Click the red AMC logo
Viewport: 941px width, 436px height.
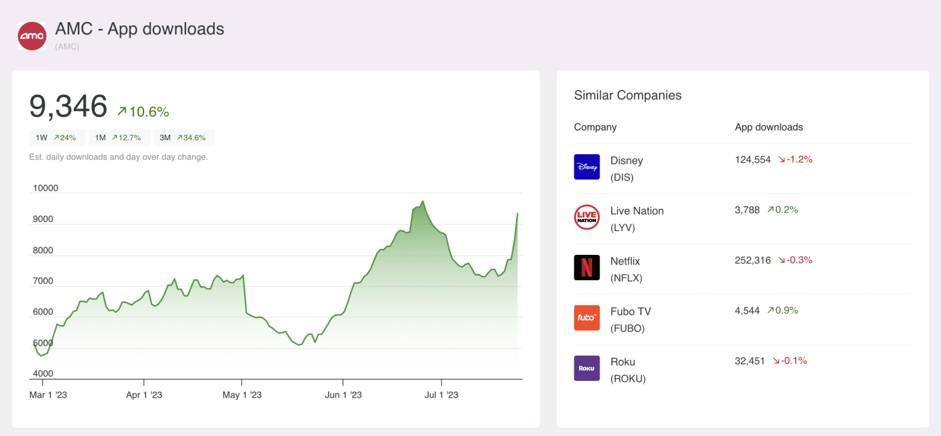pyautogui.click(x=32, y=36)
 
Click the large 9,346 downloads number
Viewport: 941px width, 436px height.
pyautogui.click(x=68, y=106)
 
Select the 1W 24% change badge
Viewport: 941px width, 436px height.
pyautogui.click(x=56, y=138)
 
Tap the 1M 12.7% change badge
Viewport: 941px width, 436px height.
pyautogui.click(x=118, y=138)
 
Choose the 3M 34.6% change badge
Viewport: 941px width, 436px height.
pyautogui.click(x=183, y=138)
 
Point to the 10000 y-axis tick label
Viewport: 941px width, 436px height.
pyautogui.click(x=45, y=188)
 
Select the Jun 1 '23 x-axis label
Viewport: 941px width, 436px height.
pyautogui.click(x=343, y=395)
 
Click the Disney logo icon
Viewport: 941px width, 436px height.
pyautogui.click(x=586, y=167)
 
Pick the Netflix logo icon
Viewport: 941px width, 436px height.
pyautogui.click(x=586, y=267)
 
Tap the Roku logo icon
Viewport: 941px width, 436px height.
pyautogui.click(x=586, y=368)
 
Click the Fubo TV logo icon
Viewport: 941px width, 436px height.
pyautogui.click(x=586, y=318)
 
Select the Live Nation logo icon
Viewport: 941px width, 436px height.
pyautogui.click(x=586, y=217)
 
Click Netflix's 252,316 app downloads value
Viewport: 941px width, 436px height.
pyautogui.click(x=753, y=260)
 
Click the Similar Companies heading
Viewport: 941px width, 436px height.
pyautogui.click(x=628, y=95)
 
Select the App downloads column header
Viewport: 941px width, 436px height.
pyautogui.click(x=769, y=127)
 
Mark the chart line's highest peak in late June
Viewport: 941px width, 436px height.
pyautogui.click(x=422, y=201)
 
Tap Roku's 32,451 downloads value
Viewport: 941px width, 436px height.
pyautogui.click(x=750, y=361)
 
